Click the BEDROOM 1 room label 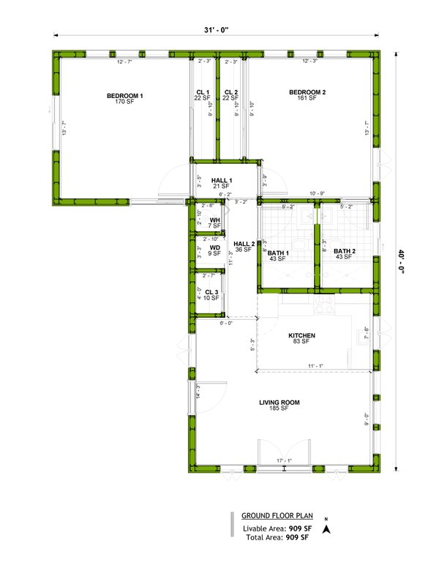(125, 96)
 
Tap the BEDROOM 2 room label (307, 92)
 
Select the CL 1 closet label (203, 92)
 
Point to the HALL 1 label (222, 181)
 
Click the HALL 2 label (244, 244)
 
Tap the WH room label (215, 220)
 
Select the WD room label (215, 248)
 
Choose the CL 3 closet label (211, 293)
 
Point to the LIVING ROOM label (279, 403)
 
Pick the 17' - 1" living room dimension (285, 460)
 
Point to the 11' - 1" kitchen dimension (315, 365)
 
